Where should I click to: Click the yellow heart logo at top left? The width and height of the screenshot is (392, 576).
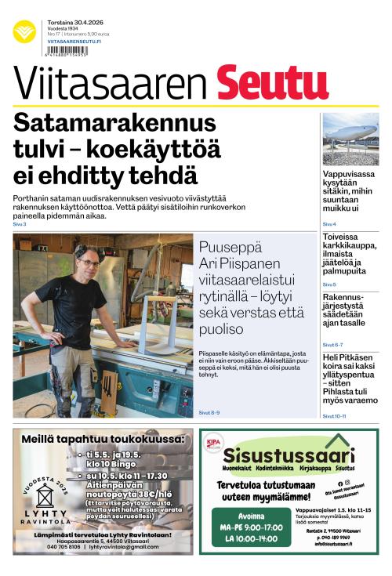click(x=24, y=31)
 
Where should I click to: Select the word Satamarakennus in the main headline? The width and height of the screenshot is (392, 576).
click(x=114, y=124)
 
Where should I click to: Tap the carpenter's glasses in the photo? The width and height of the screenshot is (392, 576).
click(x=89, y=263)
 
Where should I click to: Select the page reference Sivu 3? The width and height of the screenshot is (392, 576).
click(x=20, y=224)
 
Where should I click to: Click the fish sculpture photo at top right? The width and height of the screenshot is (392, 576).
click(x=350, y=139)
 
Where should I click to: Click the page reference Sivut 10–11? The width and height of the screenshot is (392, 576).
click(x=335, y=416)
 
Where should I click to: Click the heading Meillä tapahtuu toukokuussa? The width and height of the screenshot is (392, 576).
click(x=103, y=439)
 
